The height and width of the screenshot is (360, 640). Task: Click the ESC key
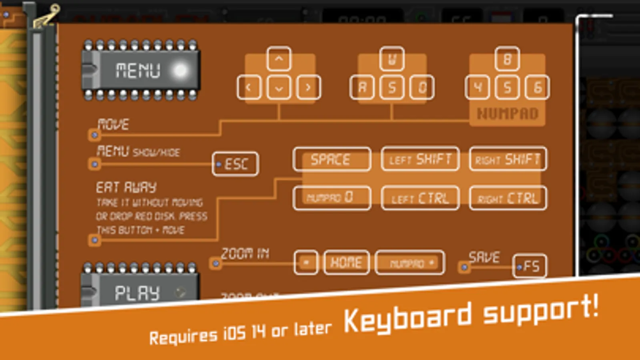pos(235,164)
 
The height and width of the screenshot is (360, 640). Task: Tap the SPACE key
pos(331,160)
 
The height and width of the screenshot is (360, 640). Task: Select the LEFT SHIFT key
pos(420,160)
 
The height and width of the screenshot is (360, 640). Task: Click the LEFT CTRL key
pos(420,198)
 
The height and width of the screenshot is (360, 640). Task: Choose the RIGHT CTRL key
pos(508,198)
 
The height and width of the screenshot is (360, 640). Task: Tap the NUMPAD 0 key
pos(331,198)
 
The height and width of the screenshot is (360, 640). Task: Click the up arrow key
pos(279,59)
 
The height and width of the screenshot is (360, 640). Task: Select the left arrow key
pos(249,87)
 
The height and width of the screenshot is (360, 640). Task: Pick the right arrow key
pos(308,87)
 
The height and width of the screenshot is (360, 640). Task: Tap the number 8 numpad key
pos(507,59)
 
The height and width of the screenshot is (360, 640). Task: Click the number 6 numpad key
pos(537,87)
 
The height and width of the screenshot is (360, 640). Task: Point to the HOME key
pos(346,262)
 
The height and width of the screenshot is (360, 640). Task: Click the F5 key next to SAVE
pos(530,266)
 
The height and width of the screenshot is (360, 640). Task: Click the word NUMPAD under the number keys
pos(508,114)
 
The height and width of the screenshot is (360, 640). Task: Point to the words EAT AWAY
pos(126,187)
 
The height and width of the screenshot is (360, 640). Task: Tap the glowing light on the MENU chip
pos(180,71)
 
